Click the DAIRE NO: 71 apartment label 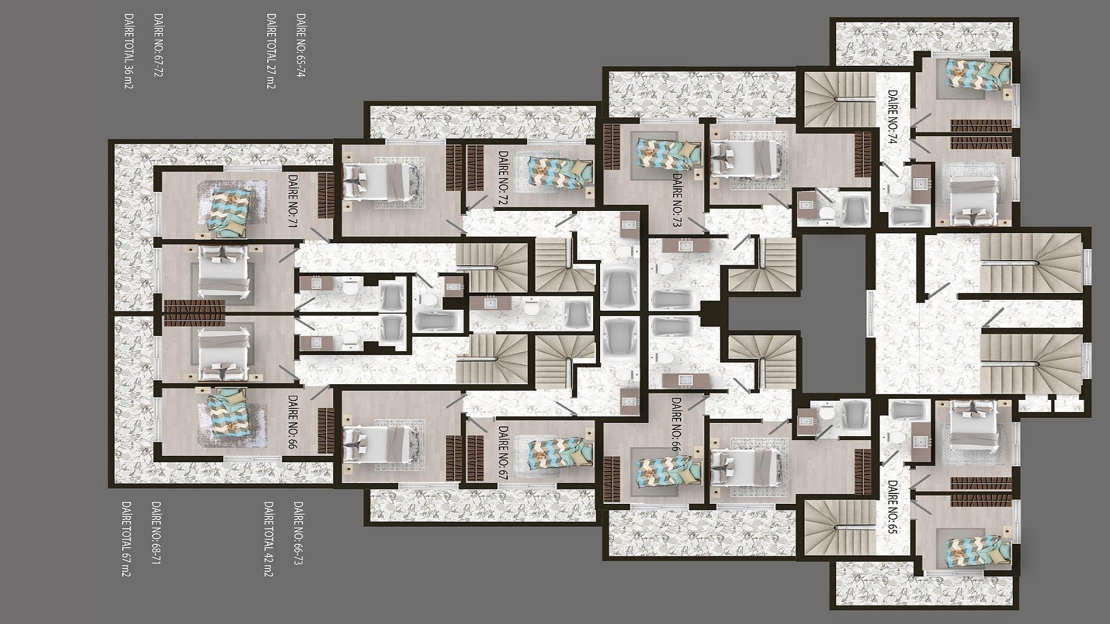point(292,201)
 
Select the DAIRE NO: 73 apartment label point(676,200)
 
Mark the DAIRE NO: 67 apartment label point(502,453)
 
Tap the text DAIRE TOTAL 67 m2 point(125,538)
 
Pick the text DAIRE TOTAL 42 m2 point(268,538)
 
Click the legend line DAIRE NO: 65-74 point(301,46)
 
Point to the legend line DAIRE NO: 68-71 point(156,533)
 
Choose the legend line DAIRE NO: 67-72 point(157,46)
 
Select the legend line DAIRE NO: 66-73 point(298,533)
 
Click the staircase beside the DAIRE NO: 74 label point(838,98)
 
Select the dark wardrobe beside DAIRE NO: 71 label point(325,195)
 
